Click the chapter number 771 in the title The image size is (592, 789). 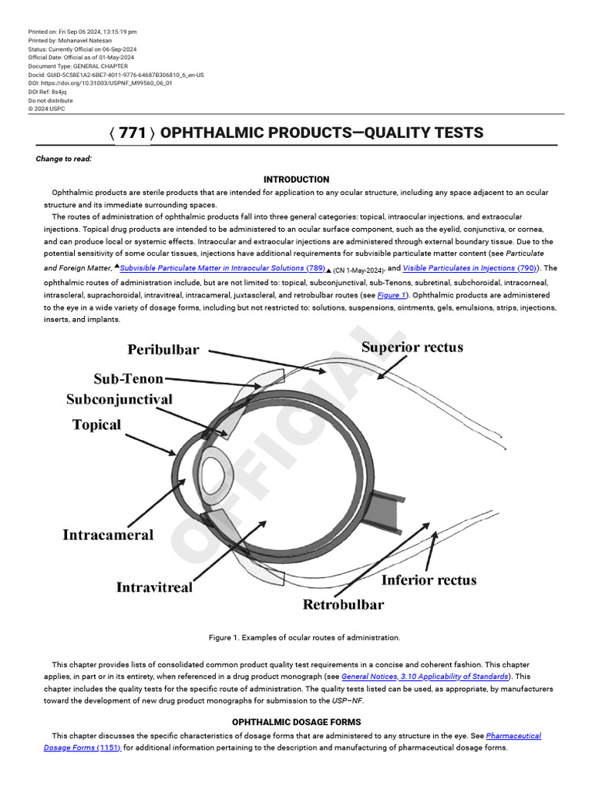[x=132, y=133]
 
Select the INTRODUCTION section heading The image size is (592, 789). [x=296, y=180]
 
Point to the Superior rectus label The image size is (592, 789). [x=412, y=347]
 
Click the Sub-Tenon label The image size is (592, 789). [x=129, y=378]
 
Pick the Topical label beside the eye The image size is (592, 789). [x=96, y=425]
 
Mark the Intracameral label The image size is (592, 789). [x=108, y=534]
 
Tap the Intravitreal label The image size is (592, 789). [x=154, y=587]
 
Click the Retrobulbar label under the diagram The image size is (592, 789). [x=343, y=604]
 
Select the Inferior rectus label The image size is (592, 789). [x=429, y=579]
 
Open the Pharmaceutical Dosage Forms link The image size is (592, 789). [x=513, y=736]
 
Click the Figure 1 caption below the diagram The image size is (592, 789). [x=304, y=637]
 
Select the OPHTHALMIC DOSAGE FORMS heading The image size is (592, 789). [x=296, y=722]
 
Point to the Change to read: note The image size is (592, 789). [x=64, y=159]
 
